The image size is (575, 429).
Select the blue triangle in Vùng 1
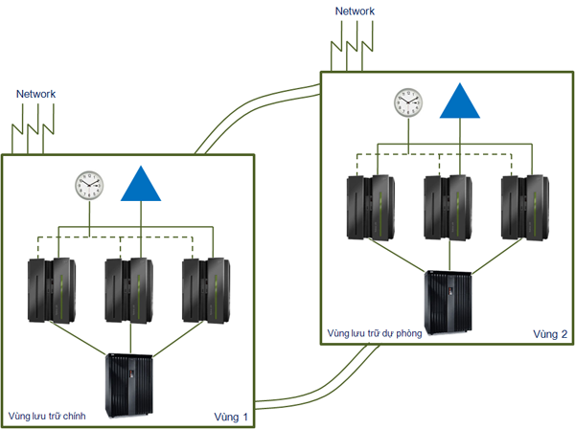click(x=143, y=184)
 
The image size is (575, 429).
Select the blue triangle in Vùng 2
click(x=461, y=101)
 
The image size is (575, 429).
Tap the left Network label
click(x=36, y=94)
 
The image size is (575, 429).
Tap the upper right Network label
click(x=355, y=11)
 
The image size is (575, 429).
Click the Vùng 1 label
click(x=232, y=417)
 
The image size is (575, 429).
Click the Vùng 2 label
click(x=550, y=334)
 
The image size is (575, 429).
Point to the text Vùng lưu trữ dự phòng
click(x=375, y=334)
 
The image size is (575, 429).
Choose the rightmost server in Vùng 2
click(x=527, y=207)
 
